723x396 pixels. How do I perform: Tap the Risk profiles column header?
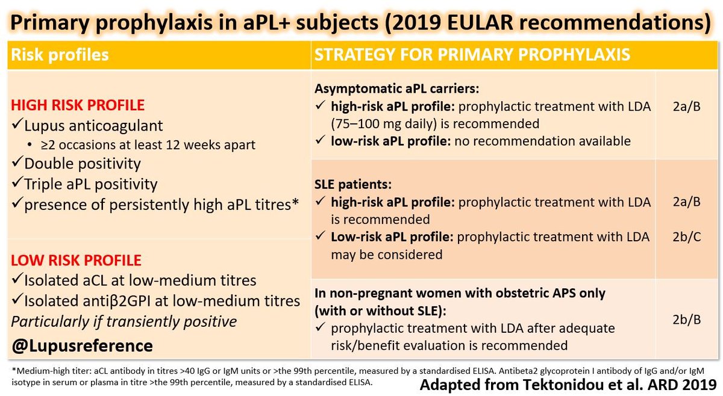59,55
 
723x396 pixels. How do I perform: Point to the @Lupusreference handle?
82,346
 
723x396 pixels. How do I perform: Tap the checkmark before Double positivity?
17,164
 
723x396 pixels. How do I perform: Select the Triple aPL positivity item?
90,184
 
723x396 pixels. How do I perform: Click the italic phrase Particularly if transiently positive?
124,321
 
